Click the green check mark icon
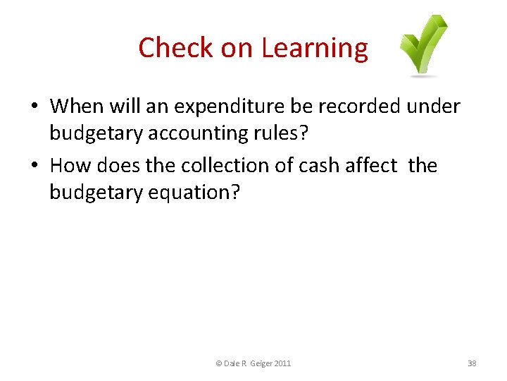(424, 46)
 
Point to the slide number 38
(472, 363)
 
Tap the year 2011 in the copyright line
(282, 363)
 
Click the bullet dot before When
(34, 107)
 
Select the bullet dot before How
(34, 167)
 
